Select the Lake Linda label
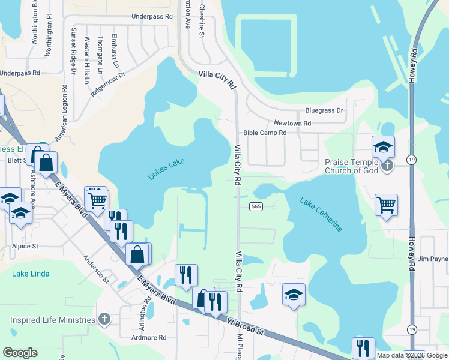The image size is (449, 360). tap(31, 274)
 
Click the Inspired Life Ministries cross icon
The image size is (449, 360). tap(104, 319)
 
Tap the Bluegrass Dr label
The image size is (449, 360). tap(324, 111)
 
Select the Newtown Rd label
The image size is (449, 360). tap(292, 123)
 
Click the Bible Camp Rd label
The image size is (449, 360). tap(264, 133)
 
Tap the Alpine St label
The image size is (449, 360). tap(25, 246)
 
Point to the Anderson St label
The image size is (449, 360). tap(96, 270)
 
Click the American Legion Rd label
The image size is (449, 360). tap(61, 113)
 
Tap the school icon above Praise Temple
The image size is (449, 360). tap(382, 146)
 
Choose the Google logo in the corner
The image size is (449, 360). tap(20, 353)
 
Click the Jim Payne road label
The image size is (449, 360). tap(433, 259)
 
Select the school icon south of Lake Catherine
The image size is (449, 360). tap(294, 294)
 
